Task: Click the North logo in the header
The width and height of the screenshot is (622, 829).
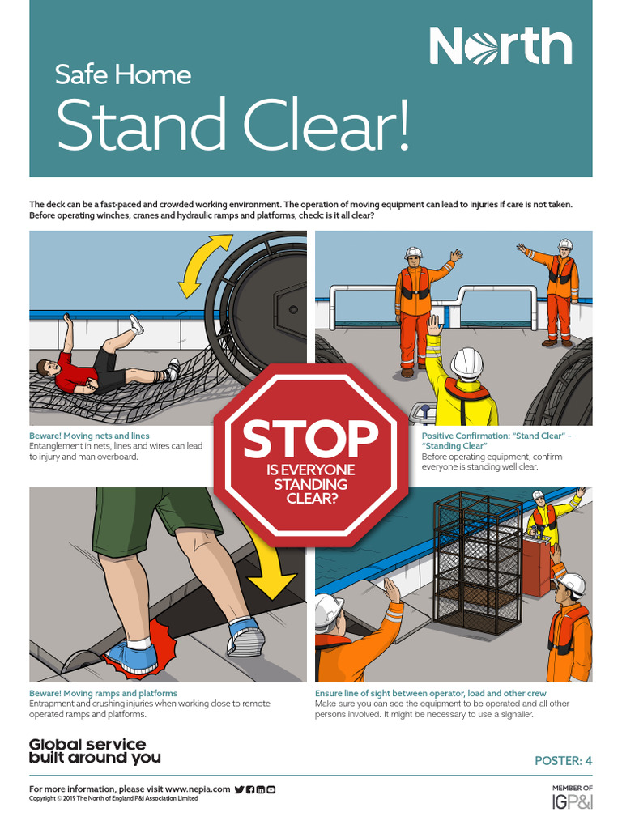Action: click(x=500, y=46)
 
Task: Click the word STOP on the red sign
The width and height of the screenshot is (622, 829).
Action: click(x=310, y=438)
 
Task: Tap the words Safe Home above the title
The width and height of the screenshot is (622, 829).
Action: click(x=123, y=75)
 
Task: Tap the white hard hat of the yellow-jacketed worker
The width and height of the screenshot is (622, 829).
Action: click(x=466, y=363)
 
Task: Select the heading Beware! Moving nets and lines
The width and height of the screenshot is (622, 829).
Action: click(x=89, y=436)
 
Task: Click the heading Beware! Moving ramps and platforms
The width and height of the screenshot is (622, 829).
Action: click(x=103, y=693)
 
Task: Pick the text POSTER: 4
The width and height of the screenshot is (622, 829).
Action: click(x=564, y=760)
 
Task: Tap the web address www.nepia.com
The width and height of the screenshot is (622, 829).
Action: click(x=198, y=789)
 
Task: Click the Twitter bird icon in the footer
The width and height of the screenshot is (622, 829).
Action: click(x=239, y=789)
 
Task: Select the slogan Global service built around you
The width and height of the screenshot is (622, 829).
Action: click(x=95, y=751)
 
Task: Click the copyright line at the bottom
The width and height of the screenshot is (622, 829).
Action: click(x=113, y=798)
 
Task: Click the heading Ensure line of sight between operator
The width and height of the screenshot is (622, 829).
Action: click(x=430, y=693)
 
